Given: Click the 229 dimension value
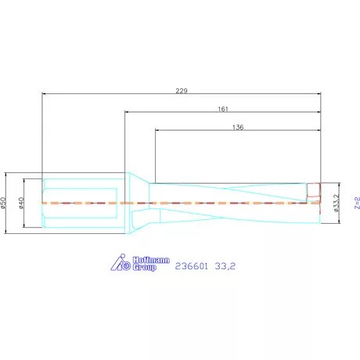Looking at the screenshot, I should tap(181, 91).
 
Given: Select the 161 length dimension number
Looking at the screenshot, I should tap(223, 110).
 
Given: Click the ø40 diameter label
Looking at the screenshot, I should tap(23, 203).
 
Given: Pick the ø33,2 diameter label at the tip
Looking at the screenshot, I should tap(336, 203).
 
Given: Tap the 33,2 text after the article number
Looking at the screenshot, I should tap(225, 266).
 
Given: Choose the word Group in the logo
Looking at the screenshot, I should tap(144, 268).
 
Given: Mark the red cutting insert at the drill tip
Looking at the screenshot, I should tap(314, 190).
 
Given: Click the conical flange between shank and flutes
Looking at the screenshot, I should tap(138, 203).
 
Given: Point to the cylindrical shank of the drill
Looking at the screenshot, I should tap(82, 203).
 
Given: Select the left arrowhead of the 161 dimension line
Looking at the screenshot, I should tap(127, 113).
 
